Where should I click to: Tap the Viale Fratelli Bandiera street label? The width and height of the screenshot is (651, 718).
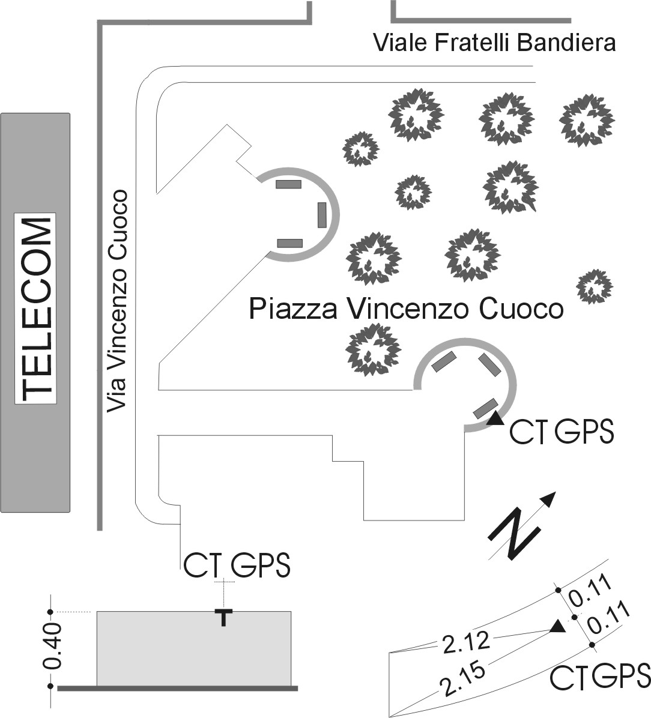click(x=494, y=43)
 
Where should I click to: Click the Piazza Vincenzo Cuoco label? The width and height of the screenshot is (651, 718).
click(x=406, y=309)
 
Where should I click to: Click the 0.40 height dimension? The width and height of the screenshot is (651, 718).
click(x=52, y=646)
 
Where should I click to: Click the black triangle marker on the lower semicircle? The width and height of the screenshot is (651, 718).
click(x=495, y=419)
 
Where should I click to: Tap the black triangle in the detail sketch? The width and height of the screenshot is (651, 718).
click(x=558, y=627)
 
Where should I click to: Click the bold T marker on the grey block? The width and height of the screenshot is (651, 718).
click(x=223, y=617)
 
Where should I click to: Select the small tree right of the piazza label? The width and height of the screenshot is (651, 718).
click(x=595, y=286)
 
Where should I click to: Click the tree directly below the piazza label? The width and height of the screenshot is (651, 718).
click(x=373, y=351)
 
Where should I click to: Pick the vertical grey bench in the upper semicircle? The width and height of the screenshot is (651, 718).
click(x=322, y=215)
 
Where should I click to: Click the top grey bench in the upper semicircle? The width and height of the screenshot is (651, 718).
click(x=289, y=184)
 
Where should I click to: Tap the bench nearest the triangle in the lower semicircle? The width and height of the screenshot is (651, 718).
click(x=485, y=408)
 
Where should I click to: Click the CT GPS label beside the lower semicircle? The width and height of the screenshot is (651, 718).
click(x=562, y=431)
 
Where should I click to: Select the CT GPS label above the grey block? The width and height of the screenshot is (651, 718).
click(x=237, y=565)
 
